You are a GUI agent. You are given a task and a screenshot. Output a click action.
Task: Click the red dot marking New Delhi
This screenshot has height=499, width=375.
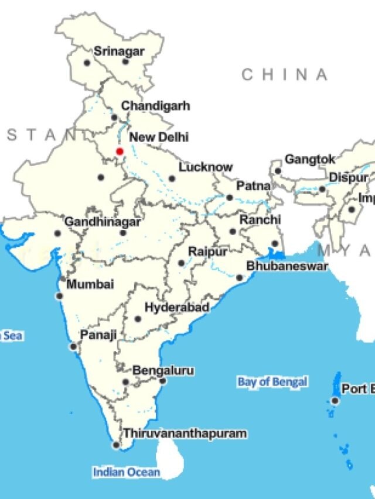click(120, 151)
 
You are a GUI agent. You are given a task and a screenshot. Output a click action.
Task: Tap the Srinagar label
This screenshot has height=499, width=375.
click(119, 51)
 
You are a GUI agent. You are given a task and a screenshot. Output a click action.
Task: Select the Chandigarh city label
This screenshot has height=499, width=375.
click(155, 106)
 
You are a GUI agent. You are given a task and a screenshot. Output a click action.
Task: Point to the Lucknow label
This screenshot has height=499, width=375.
click(206, 167)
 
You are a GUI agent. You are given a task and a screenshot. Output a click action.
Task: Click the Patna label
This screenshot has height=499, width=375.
click(253, 186)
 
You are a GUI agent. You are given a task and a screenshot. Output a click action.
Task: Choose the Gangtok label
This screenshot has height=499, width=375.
click(310, 159)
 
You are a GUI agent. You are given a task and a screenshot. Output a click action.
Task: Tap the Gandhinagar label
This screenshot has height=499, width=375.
click(102, 222)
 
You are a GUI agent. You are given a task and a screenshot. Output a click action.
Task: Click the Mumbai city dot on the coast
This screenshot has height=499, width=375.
click(59, 296)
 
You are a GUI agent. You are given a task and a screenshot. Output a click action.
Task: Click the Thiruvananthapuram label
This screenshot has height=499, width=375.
click(185, 433)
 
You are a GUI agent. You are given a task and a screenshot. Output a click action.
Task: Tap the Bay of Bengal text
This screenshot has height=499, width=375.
click(272, 382)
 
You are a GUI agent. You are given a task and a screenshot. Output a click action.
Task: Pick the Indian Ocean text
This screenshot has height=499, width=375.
click(126, 472)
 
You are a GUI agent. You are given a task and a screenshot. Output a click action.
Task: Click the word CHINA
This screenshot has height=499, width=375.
click(285, 74)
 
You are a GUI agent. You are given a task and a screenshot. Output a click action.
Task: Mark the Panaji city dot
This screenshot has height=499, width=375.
click(73, 347)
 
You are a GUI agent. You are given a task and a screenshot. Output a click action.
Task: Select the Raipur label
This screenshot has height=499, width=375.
click(207, 252)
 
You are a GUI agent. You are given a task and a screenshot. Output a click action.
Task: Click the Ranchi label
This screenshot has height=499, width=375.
click(260, 220)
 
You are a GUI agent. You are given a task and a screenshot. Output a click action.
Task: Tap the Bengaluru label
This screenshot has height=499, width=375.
click(163, 370)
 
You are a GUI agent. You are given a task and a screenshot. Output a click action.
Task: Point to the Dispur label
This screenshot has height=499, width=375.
click(348, 177)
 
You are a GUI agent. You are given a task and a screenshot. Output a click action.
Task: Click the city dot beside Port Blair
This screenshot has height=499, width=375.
click(335, 401)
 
